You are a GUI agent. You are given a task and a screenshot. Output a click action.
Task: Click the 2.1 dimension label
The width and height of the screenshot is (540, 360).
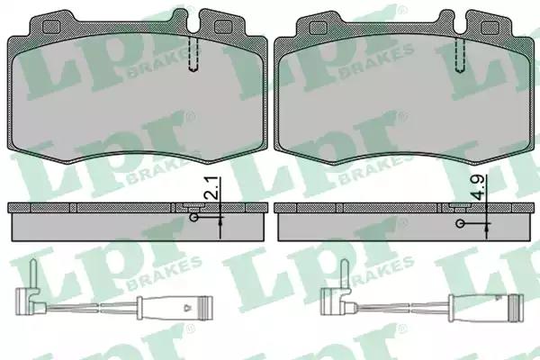[211, 188]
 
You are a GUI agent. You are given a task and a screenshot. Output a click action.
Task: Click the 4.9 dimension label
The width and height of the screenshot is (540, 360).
[478, 187]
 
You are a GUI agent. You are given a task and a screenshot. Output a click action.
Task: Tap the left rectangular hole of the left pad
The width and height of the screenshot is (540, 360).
[50, 26]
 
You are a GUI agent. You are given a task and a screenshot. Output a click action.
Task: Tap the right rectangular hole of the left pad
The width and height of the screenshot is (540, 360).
[223, 27]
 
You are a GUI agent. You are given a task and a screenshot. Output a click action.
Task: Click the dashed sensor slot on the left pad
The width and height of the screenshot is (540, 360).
[193, 54]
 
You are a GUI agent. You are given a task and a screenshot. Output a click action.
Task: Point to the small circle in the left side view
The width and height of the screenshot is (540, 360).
[194, 218]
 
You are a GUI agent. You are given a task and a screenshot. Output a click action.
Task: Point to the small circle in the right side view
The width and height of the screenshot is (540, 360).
[460, 223]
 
